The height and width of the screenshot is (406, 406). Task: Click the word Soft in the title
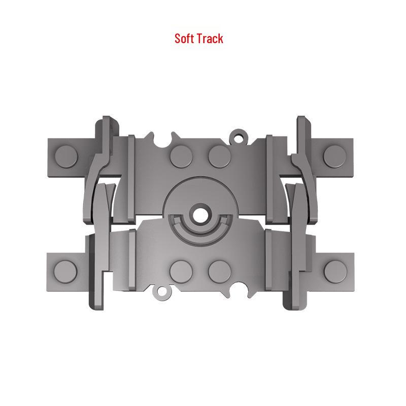click(184, 39)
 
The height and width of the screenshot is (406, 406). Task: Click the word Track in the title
click(210, 39)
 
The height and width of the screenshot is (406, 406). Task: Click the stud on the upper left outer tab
click(66, 157)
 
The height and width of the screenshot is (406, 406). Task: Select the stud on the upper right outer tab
click(334, 157)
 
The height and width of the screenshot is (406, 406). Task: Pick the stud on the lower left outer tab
click(65, 272)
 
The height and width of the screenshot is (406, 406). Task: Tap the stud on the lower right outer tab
click(335, 272)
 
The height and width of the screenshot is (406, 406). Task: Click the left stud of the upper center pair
click(181, 157)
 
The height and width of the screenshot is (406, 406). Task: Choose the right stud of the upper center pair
click(220, 156)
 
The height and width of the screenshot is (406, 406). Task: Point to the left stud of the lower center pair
click(181, 272)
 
